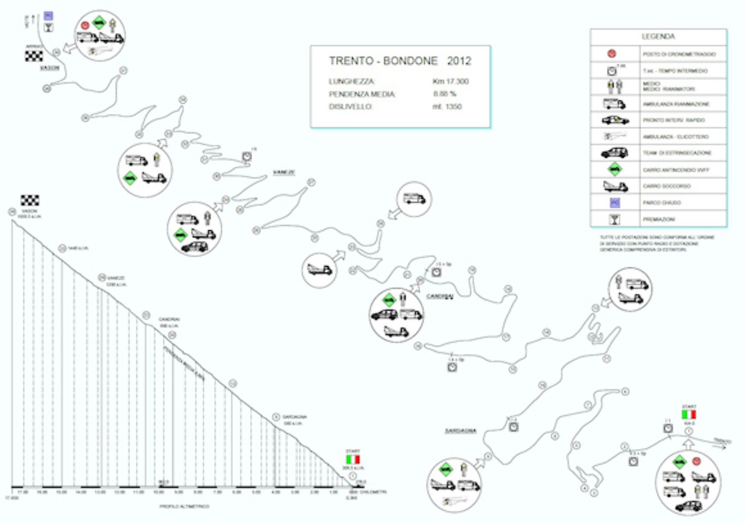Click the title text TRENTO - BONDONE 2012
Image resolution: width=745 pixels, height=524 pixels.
400,61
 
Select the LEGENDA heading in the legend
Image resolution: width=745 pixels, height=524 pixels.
658,37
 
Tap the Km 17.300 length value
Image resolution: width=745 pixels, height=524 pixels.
450,81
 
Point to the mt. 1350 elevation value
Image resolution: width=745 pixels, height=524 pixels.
447,106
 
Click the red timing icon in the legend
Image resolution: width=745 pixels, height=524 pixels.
612,54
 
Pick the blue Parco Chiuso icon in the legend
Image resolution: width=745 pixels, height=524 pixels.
615,203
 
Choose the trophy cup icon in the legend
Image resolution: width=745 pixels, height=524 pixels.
615,219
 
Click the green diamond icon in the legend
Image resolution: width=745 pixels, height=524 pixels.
615,169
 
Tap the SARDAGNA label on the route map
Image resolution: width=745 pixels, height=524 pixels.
460,431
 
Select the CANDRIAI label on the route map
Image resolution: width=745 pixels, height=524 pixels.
440,296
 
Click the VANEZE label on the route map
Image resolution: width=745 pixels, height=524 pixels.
284,172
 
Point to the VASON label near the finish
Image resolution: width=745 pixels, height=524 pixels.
49,68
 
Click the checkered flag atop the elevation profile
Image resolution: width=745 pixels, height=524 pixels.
30,200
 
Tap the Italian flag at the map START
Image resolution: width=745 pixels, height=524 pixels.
689,414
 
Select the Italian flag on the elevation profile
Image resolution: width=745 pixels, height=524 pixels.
353,459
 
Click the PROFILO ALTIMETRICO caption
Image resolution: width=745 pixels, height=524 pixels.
184,507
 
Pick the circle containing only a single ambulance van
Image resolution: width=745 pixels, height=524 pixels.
414,199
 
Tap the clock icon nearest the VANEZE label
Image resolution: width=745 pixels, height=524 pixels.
247,157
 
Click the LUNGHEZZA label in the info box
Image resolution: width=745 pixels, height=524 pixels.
351,81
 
